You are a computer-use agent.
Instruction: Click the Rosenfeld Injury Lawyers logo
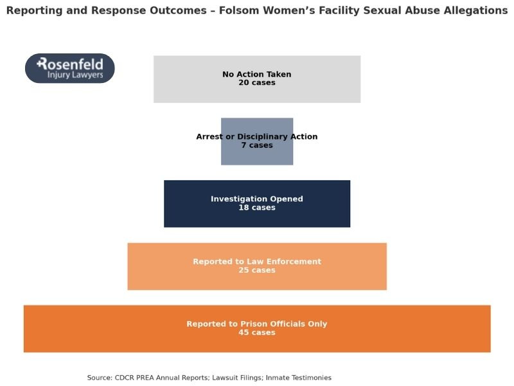pyautogui.click(x=69, y=68)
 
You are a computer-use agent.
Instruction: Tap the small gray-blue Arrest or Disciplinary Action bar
pyautogui.click(x=257, y=156)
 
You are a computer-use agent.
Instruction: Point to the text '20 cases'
pyautogui.click(x=257, y=83)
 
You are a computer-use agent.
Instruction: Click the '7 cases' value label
pyautogui.click(x=257, y=145)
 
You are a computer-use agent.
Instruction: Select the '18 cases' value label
pyautogui.click(x=257, y=208)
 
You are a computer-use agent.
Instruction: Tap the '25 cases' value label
pyautogui.click(x=257, y=270)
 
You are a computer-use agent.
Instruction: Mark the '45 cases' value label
pyautogui.click(x=257, y=333)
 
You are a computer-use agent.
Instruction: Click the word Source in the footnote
pyautogui.click(x=100, y=378)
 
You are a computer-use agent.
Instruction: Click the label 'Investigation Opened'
pyautogui.click(x=257, y=199)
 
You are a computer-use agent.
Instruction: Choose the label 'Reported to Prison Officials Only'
pyautogui.click(x=257, y=324)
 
